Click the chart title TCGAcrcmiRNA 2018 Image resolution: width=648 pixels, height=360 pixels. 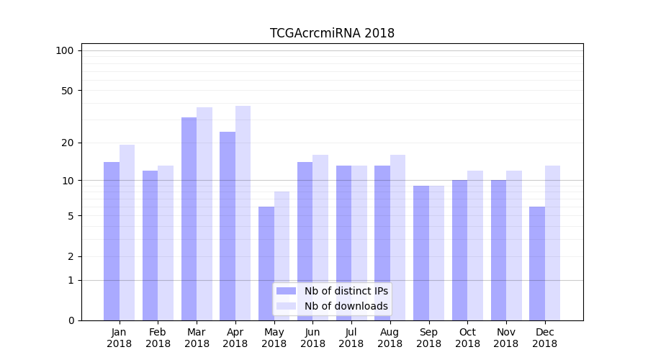tap(332, 33)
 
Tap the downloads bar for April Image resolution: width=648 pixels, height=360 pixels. tap(243, 213)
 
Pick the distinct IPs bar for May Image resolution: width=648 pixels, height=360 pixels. tap(266, 264)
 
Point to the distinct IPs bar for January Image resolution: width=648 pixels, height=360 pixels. tap(112, 241)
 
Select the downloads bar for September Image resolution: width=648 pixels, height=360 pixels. tap(436, 253)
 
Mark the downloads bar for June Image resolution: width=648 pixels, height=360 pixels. tap(320, 238)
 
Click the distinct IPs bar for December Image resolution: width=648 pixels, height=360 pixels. tap(537, 264)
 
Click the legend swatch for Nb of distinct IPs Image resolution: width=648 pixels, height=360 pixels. tap(287, 291)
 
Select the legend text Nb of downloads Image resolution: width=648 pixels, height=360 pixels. tap(346, 306)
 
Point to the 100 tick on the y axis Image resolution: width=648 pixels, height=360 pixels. tap(65, 50)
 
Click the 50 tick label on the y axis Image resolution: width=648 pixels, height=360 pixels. tap(67, 91)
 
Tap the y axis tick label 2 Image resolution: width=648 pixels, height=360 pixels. tap(71, 256)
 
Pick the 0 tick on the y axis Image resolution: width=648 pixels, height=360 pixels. tap(71, 320)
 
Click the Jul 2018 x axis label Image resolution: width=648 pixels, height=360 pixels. tap(351, 338)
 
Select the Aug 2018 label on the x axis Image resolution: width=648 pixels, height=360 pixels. tap(390, 338)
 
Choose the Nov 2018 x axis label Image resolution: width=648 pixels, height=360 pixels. tap(506, 338)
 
